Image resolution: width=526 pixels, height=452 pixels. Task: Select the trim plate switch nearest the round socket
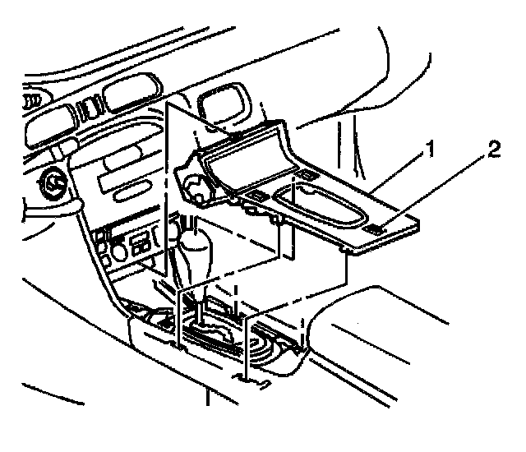coord(257,196)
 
